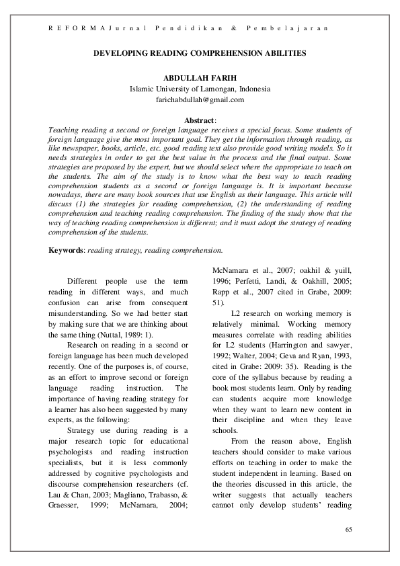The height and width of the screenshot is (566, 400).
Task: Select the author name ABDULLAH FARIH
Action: [200, 78]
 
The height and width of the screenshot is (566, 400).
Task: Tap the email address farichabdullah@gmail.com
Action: [200, 99]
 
